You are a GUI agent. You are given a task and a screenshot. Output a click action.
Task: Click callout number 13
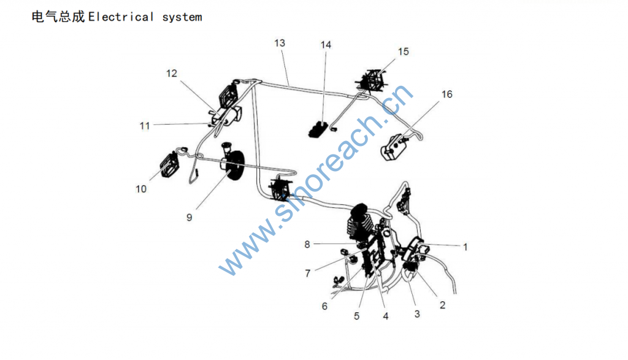tap(280, 44)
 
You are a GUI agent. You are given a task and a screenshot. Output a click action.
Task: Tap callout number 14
tap(326, 45)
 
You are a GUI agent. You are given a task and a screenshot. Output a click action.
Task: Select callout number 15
tap(404, 52)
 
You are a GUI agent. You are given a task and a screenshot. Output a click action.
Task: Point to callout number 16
tap(447, 94)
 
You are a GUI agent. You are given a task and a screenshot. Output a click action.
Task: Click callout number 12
tap(172, 74)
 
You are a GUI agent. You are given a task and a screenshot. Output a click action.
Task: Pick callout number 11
tap(145, 126)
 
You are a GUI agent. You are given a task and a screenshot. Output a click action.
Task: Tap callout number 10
tap(141, 189)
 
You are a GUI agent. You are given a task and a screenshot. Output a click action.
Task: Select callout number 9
tap(189, 218)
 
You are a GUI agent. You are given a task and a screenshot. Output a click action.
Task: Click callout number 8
tap(307, 244)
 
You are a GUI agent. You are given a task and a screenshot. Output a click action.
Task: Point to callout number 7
tap(308, 274)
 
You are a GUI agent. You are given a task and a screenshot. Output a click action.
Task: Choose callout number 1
tap(465, 247)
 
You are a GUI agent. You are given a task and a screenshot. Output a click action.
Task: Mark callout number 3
tap(417, 314)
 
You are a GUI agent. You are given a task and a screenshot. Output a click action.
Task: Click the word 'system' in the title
tap(182, 17)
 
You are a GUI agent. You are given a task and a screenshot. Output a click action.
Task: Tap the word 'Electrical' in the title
tap(121, 17)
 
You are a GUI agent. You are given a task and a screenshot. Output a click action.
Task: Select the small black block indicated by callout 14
tap(318, 129)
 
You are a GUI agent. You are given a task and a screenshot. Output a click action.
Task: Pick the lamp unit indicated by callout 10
tap(169, 164)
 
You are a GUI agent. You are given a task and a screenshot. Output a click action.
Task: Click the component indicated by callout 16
tap(394, 147)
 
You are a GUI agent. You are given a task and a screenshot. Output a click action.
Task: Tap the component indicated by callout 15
tap(372, 80)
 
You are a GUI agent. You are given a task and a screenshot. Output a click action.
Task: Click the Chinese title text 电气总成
tap(58, 17)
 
